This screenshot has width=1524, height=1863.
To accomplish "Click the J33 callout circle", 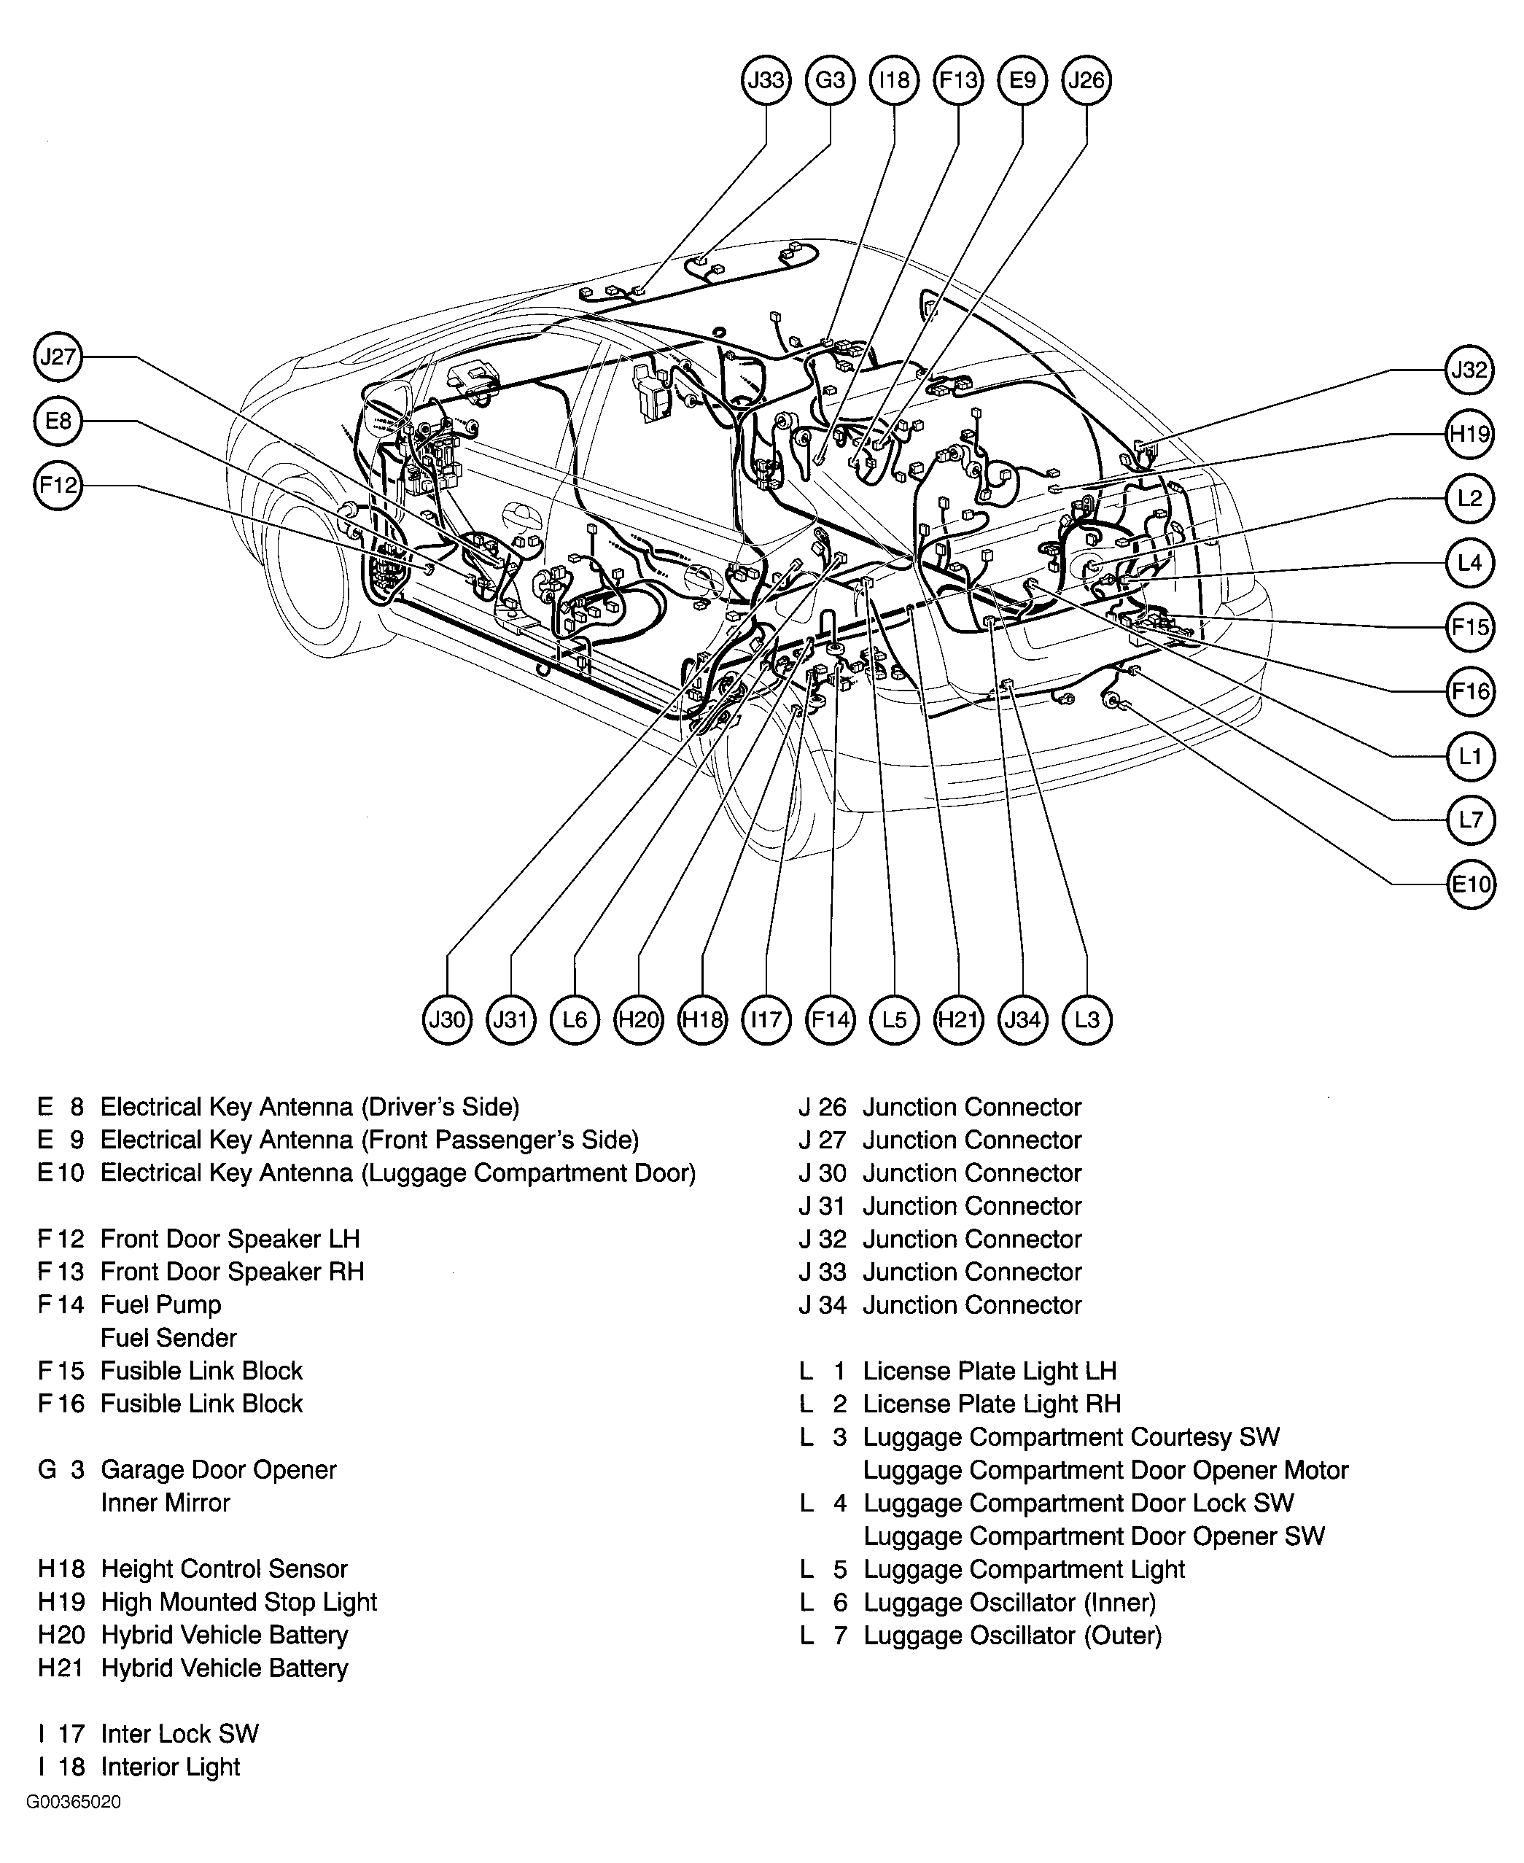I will click(766, 80).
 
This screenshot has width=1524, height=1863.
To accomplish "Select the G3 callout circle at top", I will click(830, 80).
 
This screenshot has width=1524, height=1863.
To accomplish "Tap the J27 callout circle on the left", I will click(58, 357).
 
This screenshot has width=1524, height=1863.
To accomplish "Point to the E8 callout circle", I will click(58, 421).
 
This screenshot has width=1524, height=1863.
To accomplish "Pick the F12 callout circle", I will click(58, 485).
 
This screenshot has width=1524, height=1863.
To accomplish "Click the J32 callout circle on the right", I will click(1469, 370).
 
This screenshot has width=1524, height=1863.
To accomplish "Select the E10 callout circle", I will click(1469, 883).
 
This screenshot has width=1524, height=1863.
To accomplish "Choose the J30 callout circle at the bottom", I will click(447, 1019).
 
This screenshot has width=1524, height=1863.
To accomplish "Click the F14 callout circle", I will click(830, 1019).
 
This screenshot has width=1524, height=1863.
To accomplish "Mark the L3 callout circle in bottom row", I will click(1086, 1019).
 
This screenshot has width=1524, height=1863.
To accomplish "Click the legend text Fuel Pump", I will click(160, 1304).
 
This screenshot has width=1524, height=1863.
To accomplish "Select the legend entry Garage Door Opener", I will click(219, 1470).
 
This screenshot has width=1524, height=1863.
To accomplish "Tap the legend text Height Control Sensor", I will click(224, 1569).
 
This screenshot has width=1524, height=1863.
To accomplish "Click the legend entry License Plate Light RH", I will click(991, 1404).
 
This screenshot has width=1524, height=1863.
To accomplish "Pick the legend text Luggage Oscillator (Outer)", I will click(1012, 1636).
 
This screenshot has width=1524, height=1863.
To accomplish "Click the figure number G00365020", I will click(74, 1802).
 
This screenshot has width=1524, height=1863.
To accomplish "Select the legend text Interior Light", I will click(171, 1767).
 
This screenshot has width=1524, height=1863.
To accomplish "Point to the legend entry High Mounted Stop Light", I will click(238, 1602).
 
